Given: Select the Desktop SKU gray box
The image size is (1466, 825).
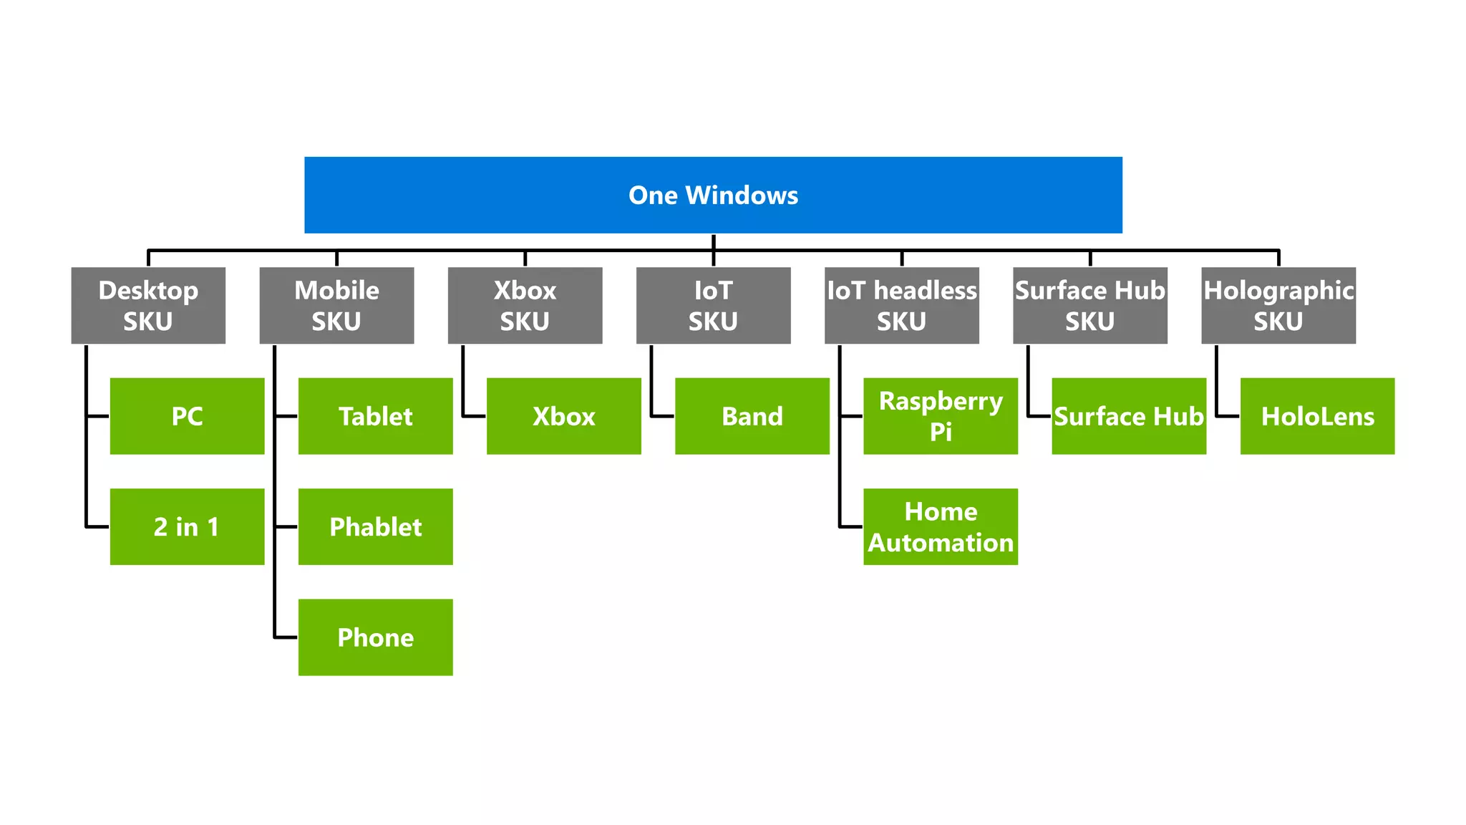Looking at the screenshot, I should click(148, 305).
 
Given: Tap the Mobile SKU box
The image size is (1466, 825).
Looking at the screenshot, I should click(336, 305).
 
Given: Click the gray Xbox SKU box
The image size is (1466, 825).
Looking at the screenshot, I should click(525, 305).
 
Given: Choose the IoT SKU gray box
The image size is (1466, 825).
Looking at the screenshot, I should click(713, 305).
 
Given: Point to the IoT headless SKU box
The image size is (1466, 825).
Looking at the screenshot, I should click(901, 305).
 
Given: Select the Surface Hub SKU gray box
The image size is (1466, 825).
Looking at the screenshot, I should click(1089, 305).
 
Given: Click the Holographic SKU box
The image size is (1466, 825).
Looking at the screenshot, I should click(1278, 305).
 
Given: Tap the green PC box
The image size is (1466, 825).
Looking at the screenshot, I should click(187, 416).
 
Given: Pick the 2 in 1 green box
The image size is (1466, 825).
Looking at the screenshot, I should click(187, 526).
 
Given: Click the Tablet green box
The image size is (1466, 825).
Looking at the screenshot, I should click(375, 416).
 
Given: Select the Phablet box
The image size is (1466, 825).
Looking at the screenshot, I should click(375, 526).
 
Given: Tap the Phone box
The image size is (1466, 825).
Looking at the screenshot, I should click(375, 637).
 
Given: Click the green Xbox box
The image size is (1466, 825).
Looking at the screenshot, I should click(563, 416).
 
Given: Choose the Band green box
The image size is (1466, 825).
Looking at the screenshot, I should click(752, 416).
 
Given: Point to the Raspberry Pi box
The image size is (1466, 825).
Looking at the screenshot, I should click(940, 416).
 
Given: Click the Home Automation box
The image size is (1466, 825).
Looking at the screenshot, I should click(940, 526).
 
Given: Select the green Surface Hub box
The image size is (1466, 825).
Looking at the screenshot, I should click(1128, 416).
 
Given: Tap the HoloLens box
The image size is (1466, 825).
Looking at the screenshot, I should click(1317, 416).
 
